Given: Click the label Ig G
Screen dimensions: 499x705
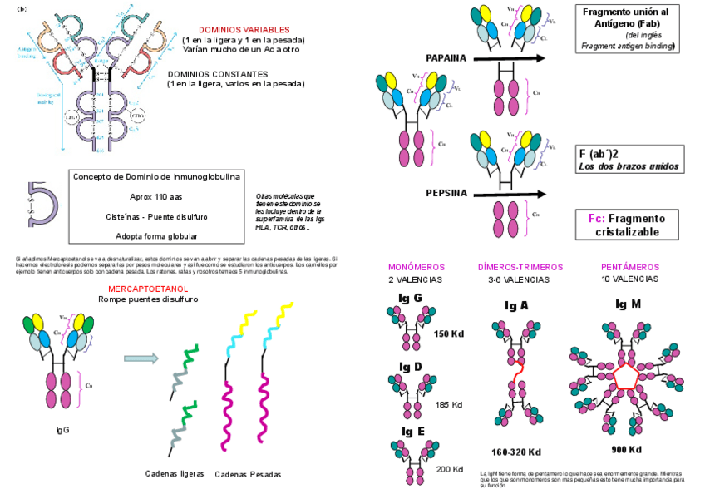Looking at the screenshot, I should [x=411, y=297].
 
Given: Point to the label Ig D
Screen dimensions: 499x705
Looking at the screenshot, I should [x=411, y=367].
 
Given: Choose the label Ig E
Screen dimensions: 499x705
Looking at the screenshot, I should [x=412, y=431].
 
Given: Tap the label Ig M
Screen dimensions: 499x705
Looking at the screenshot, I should [x=629, y=304].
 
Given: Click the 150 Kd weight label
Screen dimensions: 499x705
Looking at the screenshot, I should [x=449, y=333].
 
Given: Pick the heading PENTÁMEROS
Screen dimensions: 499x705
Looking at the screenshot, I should [x=629, y=267].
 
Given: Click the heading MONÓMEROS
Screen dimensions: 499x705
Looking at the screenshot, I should [x=417, y=267].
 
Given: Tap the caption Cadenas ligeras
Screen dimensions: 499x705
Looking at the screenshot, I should [x=174, y=472].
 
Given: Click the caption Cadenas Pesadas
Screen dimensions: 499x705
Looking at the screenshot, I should [x=248, y=474].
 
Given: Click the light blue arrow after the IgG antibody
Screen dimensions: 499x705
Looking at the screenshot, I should [x=141, y=358].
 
